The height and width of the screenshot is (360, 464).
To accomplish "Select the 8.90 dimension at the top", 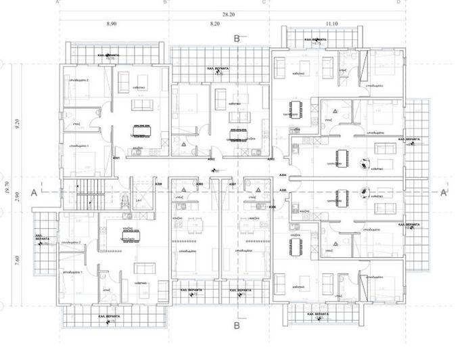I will [112, 23].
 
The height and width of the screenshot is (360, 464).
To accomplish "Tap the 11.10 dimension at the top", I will [331, 23].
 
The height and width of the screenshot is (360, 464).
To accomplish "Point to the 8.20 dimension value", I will [216, 23].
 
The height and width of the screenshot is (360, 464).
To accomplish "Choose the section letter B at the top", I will [237, 39].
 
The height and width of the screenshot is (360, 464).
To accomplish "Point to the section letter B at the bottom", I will [236, 325].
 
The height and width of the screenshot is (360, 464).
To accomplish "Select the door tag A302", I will [211, 159].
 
